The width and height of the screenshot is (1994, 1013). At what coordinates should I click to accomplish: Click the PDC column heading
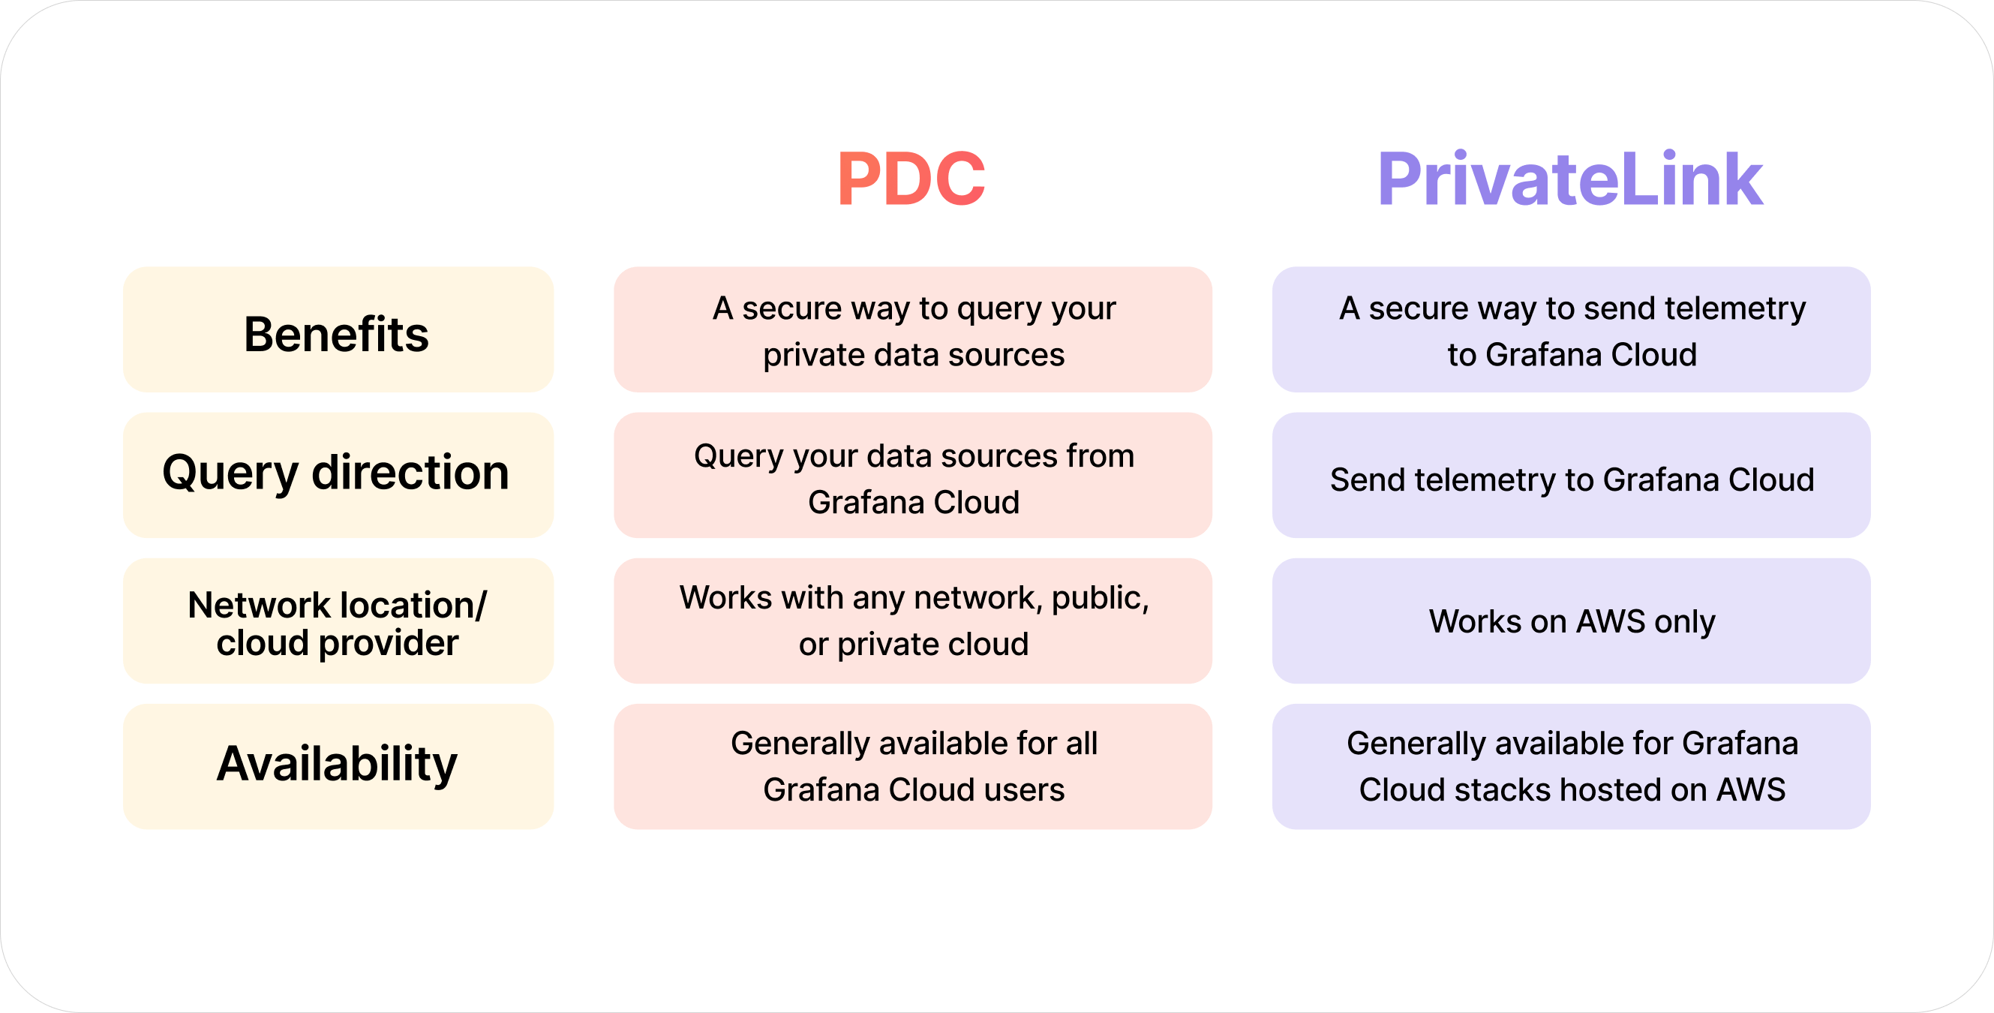point(911,179)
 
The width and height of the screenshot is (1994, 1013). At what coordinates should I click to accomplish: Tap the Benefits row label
point(337,334)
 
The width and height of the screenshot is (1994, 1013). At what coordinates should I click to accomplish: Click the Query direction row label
point(337,473)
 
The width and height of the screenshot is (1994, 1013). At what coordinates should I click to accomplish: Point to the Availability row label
point(337,765)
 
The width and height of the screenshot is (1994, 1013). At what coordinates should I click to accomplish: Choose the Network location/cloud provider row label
point(337,623)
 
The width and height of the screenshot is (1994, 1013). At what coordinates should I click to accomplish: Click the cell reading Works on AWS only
point(1572,621)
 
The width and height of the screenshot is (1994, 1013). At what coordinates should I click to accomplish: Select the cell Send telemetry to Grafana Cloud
point(1572,479)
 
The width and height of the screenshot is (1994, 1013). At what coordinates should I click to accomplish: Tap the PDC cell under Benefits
point(913,330)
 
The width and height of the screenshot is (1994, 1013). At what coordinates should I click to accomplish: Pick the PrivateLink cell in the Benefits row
point(1572,330)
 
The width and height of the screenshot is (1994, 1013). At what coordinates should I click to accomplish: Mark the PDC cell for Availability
point(913,767)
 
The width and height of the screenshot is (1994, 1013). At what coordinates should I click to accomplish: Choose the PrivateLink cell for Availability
point(1572,767)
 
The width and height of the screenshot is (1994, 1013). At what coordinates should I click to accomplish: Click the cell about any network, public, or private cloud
point(913,621)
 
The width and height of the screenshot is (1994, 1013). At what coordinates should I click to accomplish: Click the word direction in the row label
point(410,473)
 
